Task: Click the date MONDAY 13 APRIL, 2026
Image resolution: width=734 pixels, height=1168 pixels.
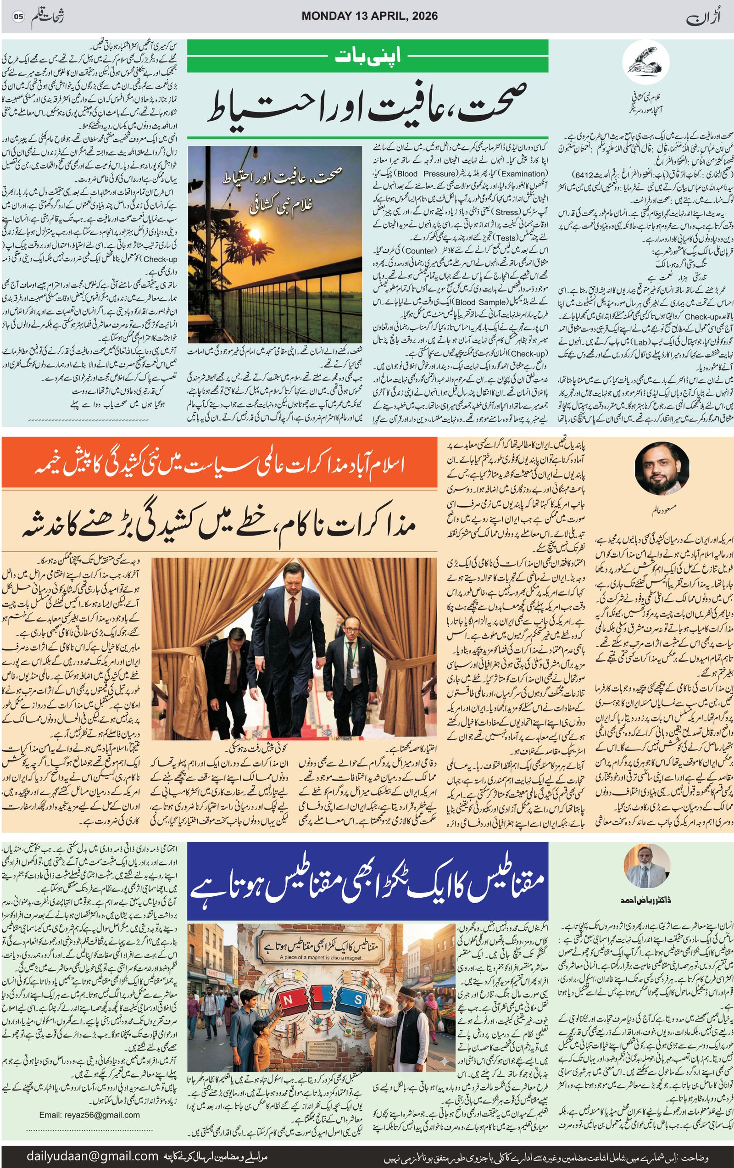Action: [369, 16]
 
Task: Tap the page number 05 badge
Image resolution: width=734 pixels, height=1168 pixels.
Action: [18, 17]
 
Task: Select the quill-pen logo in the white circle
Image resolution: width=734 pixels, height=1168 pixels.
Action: [642, 62]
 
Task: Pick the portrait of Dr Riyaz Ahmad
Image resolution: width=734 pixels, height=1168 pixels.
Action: [647, 867]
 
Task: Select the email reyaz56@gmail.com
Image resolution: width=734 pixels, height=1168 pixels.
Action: [90, 1115]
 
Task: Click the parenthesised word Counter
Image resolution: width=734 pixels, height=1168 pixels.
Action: [419, 251]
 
